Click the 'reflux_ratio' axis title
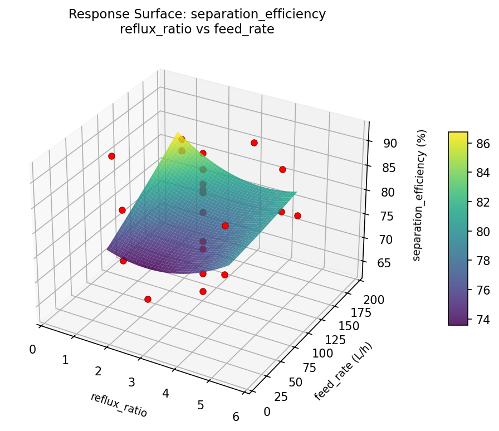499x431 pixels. tap(119, 405)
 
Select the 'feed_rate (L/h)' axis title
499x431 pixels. tap(343, 371)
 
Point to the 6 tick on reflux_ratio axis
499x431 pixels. tap(236, 417)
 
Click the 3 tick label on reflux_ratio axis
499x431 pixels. tap(131, 382)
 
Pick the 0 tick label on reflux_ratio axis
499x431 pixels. tap(33, 349)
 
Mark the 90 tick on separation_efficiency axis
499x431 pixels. tap(390, 143)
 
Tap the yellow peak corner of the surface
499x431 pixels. tap(178, 133)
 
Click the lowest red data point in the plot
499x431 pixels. tap(148, 299)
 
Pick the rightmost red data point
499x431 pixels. tap(297, 215)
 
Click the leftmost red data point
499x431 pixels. tap(111, 156)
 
